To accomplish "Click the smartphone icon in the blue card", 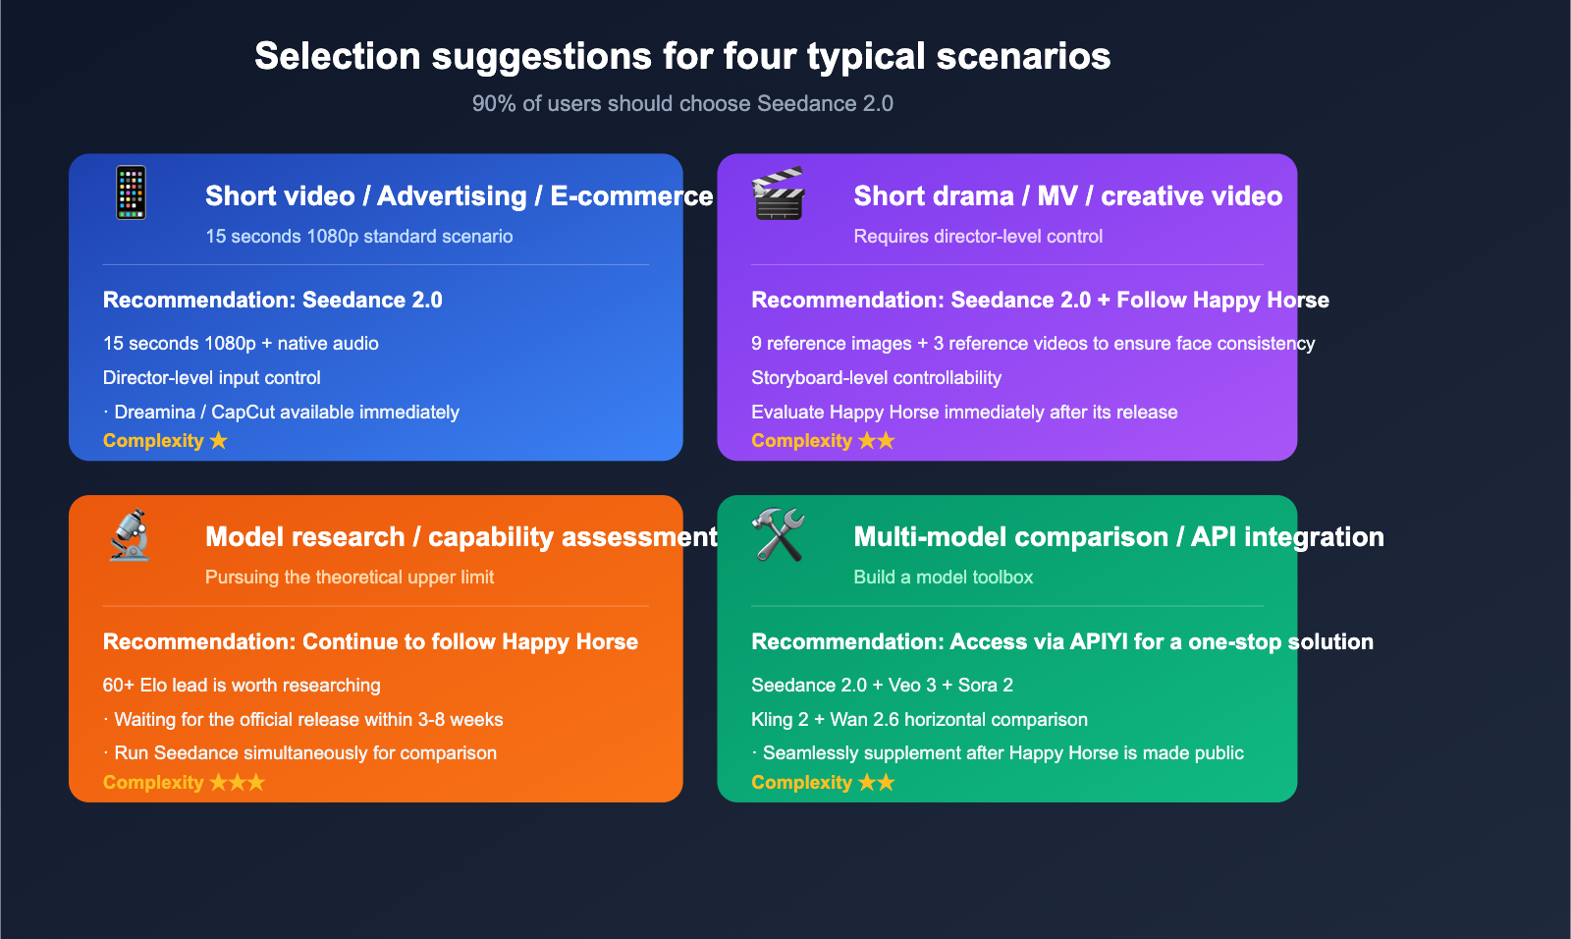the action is coord(132,193).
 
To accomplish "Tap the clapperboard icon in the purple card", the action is coord(778,193).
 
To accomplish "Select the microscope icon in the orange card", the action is coord(130,534).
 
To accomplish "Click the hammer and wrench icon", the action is coord(778,534).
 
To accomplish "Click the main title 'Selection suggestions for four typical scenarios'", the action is coord(682,56).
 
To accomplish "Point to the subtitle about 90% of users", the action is coord(682,104).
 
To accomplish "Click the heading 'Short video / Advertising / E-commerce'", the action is coord(460,195).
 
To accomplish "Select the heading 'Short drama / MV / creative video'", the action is coord(1068,195).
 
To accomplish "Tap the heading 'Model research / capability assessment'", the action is coord(461,537).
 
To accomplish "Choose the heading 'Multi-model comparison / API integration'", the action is coord(1118,537).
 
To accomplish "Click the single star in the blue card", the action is coord(219,441).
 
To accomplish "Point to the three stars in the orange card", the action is coord(238,782).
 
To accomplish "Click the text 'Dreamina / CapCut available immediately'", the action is coord(287,412).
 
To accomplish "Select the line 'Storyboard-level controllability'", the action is coord(876,377).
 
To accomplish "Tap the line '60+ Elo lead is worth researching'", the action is coord(242,685).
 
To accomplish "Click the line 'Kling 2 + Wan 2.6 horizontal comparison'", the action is coord(919,719).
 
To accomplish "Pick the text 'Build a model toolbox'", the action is coord(944,577).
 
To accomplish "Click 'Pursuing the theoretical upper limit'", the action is coord(350,577).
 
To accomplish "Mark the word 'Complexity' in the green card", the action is coord(801,782).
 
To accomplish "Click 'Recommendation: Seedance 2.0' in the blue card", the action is coord(273,300).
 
